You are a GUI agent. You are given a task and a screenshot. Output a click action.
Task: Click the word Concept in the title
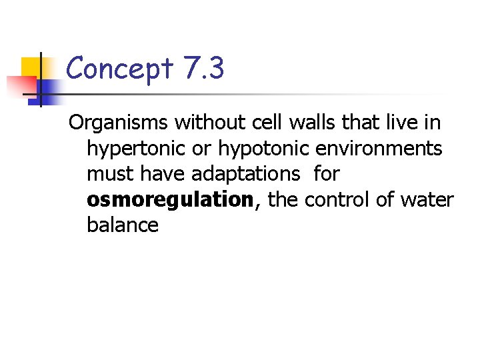coord(120,68)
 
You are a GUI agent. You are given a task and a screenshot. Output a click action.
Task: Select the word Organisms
coord(119,123)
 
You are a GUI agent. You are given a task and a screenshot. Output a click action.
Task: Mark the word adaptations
coord(246,174)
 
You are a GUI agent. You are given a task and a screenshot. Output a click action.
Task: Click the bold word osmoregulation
coord(170,200)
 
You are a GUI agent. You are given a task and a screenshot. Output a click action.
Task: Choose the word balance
coord(123,225)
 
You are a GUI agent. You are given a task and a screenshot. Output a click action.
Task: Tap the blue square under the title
coord(50,89)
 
